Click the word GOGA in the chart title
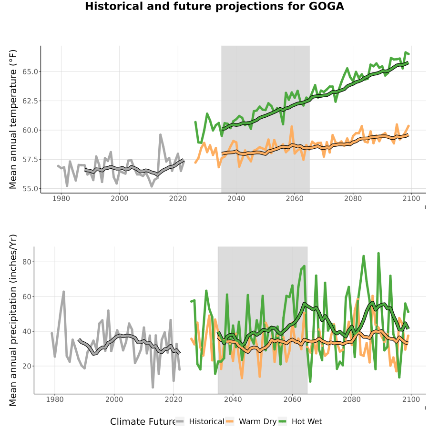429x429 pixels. [x=327, y=6]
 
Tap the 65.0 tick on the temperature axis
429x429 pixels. [x=30, y=71]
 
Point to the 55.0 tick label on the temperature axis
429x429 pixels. [x=30, y=189]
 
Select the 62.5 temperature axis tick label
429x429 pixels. [x=30, y=101]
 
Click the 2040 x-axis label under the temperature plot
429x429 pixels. [x=236, y=198]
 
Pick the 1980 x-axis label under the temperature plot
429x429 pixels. [x=61, y=198]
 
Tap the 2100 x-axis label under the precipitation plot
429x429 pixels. [x=411, y=399]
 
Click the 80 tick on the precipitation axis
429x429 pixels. [x=27, y=262]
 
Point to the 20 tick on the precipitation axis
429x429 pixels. [x=27, y=366]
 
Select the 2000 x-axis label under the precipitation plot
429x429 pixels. [x=114, y=399]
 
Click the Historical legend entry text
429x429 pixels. [x=206, y=422]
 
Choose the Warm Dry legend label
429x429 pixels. [x=258, y=422]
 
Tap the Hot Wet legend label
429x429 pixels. [x=306, y=422]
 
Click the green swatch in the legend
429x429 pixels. [x=282, y=422]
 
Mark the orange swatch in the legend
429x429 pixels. [x=230, y=422]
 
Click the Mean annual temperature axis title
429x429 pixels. [x=13, y=119]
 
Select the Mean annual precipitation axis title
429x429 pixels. [x=13, y=320]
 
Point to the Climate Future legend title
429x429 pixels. [x=143, y=422]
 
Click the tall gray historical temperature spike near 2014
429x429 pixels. [x=160, y=135]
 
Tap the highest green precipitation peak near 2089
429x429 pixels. [x=378, y=254]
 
